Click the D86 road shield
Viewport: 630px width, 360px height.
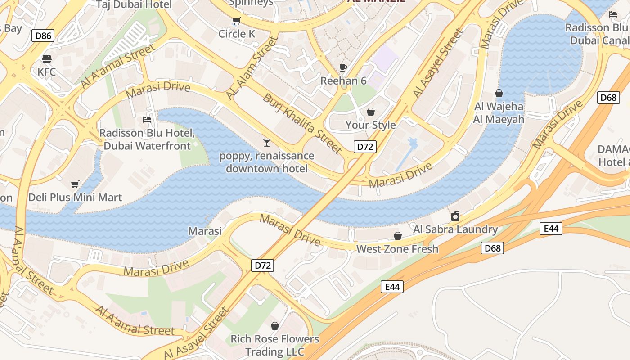pyautogui.click(x=43, y=36)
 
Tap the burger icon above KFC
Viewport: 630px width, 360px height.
pyautogui.click(x=47, y=59)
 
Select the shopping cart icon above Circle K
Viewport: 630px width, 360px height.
pyautogui.click(x=236, y=21)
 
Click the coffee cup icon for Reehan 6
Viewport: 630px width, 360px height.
pyautogui.click(x=343, y=68)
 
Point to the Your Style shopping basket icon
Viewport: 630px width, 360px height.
pyautogui.click(x=371, y=112)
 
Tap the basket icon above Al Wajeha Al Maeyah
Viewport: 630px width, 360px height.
pyautogui.click(x=499, y=94)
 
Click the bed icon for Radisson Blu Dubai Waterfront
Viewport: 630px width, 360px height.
pyautogui.click(x=147, y=120)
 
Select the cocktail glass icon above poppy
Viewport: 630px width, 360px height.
pyautogui.click(x=267, y=143)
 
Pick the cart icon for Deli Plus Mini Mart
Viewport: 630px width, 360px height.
pyautogui.click(x=75, y=184)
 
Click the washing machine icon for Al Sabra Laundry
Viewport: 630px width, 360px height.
pyautogui.click(x=455, y=216)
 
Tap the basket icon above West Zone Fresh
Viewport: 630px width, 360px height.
pyautogui.click(x=397, y=236)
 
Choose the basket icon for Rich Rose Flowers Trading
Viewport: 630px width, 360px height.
pyautogui.click(x=275, y=325)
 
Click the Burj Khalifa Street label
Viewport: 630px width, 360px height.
pyautogui.click(x=302, y=123)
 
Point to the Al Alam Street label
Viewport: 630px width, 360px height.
pyautogui.click(x=252, y=68)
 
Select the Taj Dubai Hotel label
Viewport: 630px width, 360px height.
pyautogui.click(x=135, y=5)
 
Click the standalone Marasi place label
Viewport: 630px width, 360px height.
pyautogui.click(x=205, y=231)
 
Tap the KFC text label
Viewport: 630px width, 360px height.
pyautogui.click(x=47, y=72)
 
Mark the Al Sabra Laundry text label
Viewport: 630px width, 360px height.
pyautogui.click(x=455, y=229)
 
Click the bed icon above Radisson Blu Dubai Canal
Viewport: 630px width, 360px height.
pyautogui.click(x=613, y=14)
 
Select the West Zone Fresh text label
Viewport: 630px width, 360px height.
pyautogui.click(x=397, y=249)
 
